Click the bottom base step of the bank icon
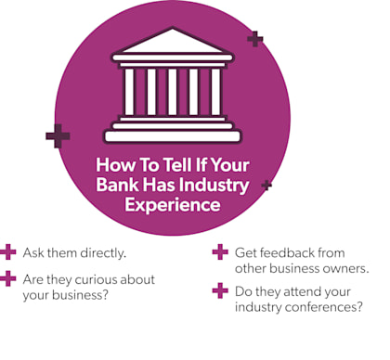(x=172, y=136)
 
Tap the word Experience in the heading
(x=172, y=203)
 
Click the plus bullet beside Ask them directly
(x=9, y=251)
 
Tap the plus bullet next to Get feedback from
(x=220, y=251)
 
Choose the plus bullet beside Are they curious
(x=9, y=278)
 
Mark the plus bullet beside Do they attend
(x=220, y=290)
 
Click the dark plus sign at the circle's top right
(x=254, y=39)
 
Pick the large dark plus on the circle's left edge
(x=58, y=135)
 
